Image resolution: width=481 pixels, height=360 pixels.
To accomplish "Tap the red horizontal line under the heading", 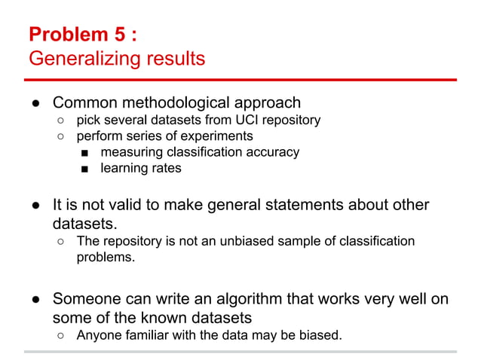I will pos(240,78).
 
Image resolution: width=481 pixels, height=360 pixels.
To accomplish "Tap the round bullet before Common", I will pos(35,103).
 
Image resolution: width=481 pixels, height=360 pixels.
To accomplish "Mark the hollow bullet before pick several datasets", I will pos(60,121).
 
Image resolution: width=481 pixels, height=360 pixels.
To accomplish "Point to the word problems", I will pos(106,257).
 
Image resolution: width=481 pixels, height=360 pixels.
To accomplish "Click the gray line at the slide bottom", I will pos(240,351).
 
